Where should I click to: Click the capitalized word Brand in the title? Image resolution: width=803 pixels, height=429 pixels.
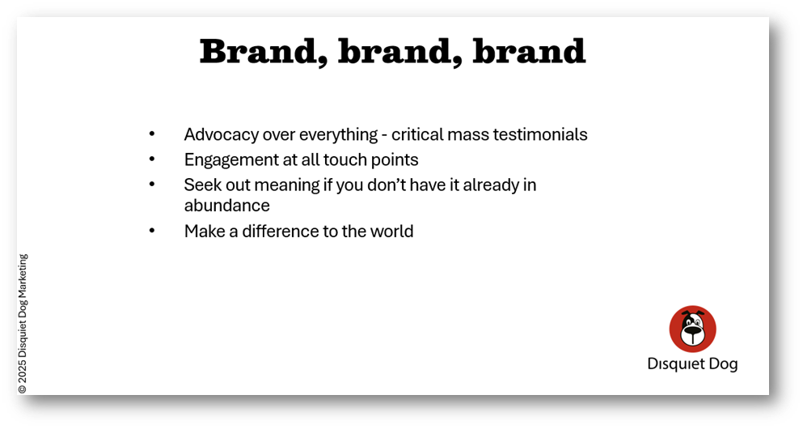(x=263, y=52)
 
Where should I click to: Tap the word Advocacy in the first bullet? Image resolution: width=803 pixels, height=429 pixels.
(x=222, y=135)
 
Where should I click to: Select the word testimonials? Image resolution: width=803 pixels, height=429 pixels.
(x=539, y=134)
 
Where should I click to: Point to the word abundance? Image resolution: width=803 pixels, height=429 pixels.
(x=227, y=206)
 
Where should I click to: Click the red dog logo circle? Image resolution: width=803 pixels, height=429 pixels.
(x=692, y=329)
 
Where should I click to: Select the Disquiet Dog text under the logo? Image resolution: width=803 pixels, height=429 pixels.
(x=692, y=364)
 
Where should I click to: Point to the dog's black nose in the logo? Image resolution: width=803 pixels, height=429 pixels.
(x=692, y=332)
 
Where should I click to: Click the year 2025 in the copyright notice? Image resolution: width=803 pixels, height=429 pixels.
(x=23, y=371)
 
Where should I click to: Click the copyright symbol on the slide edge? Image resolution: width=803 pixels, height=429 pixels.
(x=23, y=389)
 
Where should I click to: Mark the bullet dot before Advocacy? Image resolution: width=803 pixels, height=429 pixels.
(x=151, y=134)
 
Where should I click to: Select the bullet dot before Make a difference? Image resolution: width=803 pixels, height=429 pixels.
(x=151, y=231)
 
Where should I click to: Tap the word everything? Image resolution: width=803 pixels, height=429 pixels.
(x=339, y=135)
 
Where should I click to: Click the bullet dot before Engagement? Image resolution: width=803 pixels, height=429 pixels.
(x=151, y=159)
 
